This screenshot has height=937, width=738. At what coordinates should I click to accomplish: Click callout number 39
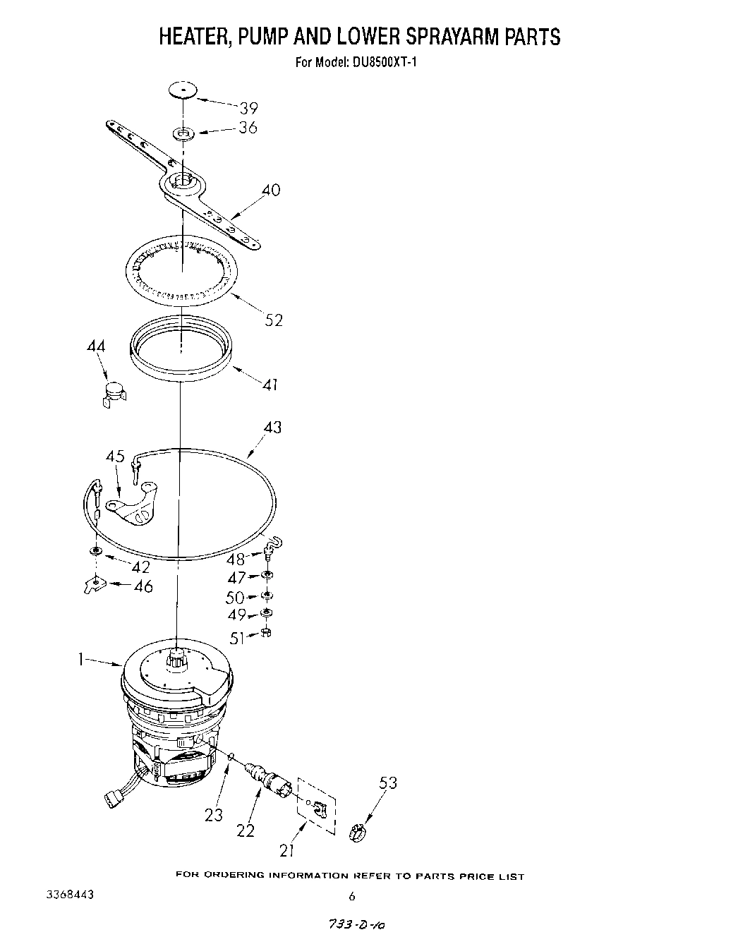(x=248, y=108)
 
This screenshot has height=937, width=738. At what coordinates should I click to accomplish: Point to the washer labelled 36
(x=185, y=133)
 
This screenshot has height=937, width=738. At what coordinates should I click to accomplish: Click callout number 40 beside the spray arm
(x=270, y=190)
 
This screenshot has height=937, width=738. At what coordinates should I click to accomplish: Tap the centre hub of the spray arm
(x=182, y=181)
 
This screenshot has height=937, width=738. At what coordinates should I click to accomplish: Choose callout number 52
(x=273, y=320)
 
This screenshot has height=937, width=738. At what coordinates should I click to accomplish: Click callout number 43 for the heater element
(x=272, y=428)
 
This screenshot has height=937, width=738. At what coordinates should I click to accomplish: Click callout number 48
(x=236, y=559)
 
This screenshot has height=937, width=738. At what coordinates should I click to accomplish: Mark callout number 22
(x=245, y=830)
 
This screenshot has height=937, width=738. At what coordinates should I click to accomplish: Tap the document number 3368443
(x=70, y=895)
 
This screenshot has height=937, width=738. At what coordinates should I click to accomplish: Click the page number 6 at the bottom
(x=351, y=897)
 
